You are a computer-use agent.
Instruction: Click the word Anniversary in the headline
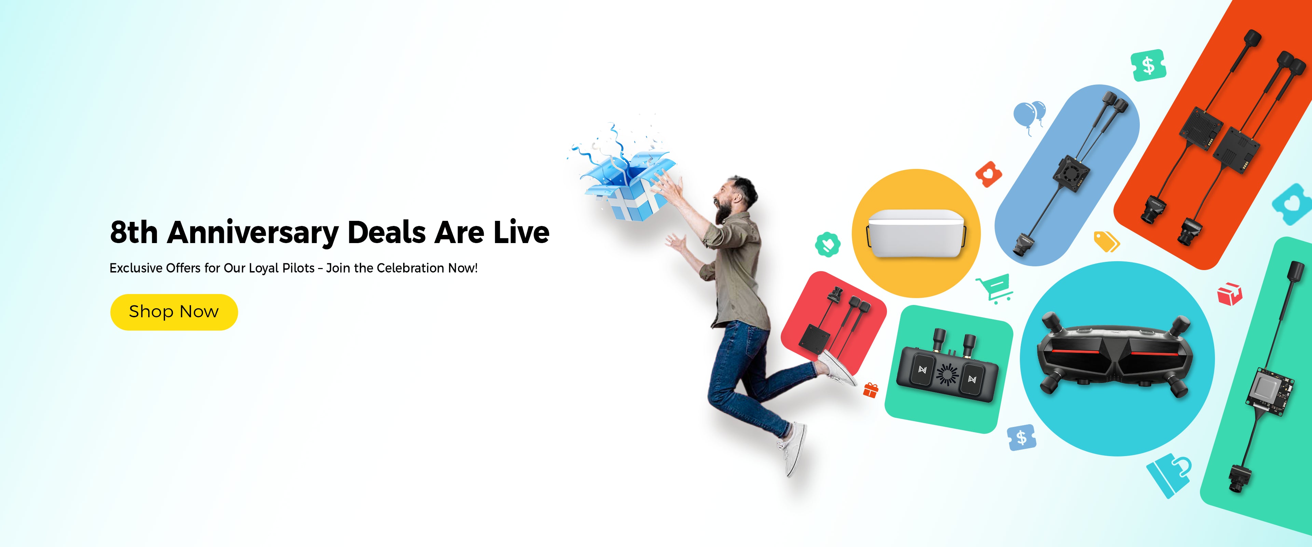252,233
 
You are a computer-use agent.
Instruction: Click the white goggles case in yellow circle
916,232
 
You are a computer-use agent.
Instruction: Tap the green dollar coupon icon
1148,65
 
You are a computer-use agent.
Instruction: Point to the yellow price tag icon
1106,241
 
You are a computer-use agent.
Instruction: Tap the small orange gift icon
871,390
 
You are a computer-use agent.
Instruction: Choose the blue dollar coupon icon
1022,437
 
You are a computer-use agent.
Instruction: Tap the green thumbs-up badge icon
828,245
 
